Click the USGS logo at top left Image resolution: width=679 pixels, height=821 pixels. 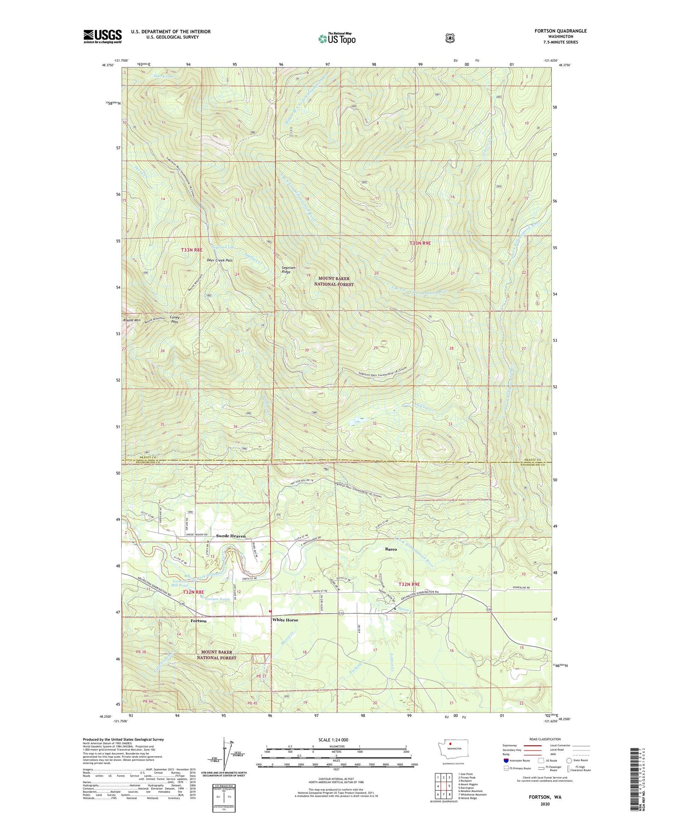point(103,36)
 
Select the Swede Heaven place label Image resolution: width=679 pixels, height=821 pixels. point(231,536)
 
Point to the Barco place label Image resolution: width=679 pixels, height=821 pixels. point(391,549)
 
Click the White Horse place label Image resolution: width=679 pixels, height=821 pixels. point(285,620)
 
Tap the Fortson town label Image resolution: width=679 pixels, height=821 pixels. point(198,621)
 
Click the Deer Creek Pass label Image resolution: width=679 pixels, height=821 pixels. point(220,260)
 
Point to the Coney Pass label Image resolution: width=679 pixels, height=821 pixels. point(174,319)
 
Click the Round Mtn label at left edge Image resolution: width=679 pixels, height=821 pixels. point(132,320)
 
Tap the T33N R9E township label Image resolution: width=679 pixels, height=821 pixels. point(420,243)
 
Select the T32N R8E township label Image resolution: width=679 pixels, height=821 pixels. point(193,592)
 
